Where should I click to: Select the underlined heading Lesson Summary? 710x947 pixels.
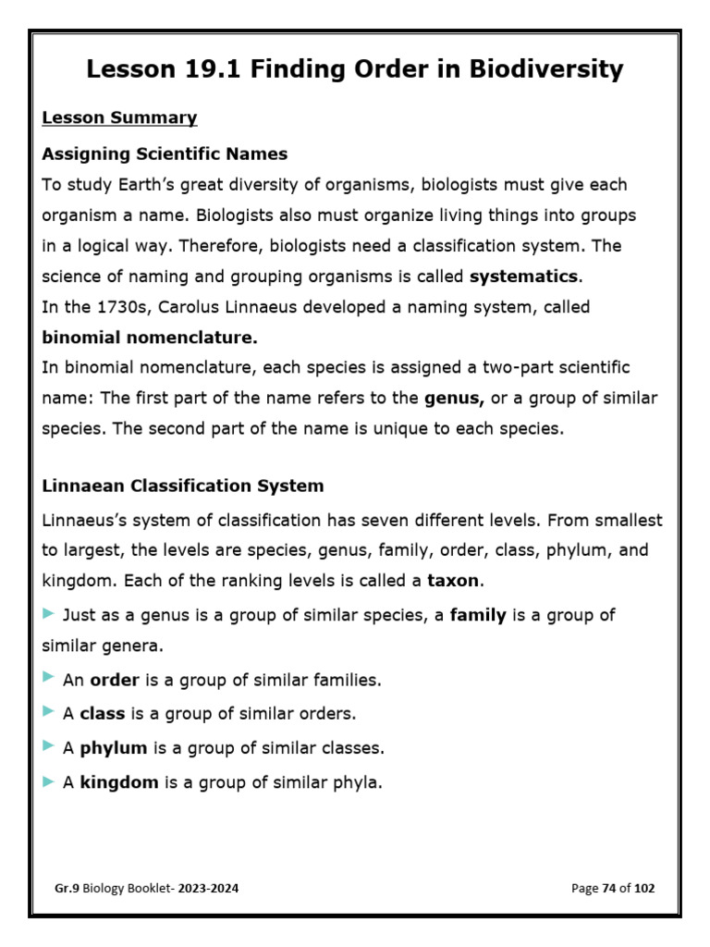119,117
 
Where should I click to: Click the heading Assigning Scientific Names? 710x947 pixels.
165,154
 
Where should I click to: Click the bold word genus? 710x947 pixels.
454,399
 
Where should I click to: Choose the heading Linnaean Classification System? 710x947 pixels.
183,485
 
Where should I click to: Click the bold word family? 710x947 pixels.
477,615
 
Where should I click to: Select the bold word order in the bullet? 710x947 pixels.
114,680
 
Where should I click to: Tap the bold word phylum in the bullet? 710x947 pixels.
114,747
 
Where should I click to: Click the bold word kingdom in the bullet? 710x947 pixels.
119,782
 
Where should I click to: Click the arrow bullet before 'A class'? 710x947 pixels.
48,712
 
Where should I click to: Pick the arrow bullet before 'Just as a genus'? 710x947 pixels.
48,614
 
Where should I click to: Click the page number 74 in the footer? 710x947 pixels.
609,888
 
